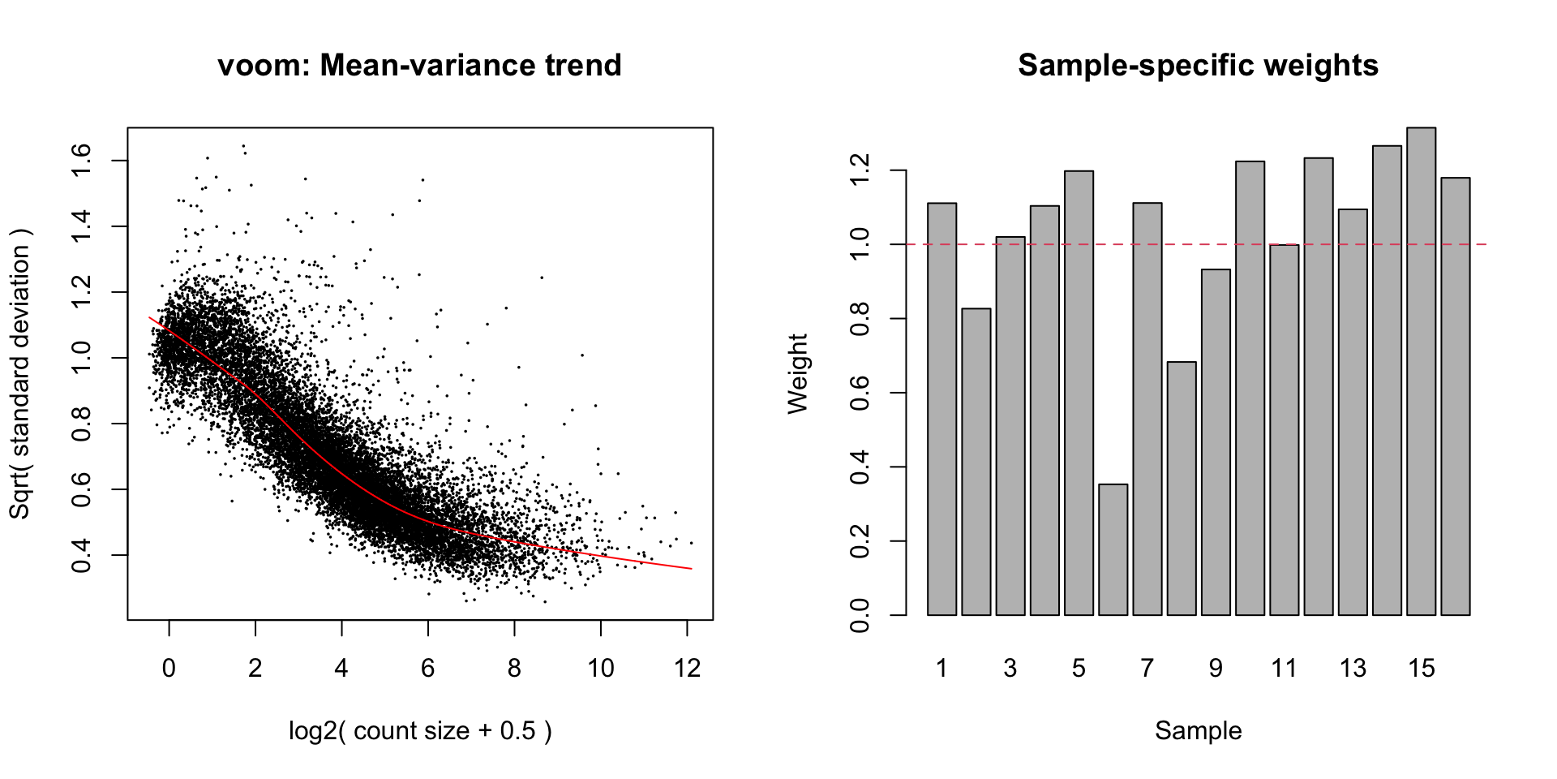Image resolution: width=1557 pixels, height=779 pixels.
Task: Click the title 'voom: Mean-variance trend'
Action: [x=419, y=66]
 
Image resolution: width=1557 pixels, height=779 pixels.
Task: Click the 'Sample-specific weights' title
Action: [x=1198, y=66]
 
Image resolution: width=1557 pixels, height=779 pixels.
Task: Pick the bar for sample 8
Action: [x=1182, y=488]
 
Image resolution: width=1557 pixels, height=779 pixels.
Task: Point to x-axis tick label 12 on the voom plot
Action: [x=687, y=669]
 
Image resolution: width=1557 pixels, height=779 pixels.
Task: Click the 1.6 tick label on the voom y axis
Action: [x=82, y=161]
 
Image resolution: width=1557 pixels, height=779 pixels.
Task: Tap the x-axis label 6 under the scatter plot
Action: [x=427, y=669]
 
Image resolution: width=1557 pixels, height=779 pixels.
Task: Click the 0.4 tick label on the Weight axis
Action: [x=859, y=467]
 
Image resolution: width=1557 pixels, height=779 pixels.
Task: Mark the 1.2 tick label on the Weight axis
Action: [x=859, y=171]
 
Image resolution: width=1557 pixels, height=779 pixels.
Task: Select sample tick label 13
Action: [x=1353, y=669]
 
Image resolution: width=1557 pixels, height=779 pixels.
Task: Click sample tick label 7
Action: [x=1147, y=669]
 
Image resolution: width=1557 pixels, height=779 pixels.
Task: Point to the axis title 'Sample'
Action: [x=1198, y=730]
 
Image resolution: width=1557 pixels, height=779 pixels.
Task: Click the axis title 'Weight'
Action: [x=798, y=373]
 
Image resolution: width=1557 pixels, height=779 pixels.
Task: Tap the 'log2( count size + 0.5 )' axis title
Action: [x=420, y=730]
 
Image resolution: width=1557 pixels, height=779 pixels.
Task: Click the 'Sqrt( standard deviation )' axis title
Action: [x=19, y=373]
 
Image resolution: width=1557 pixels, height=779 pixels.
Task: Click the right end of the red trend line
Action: [x=691, y=568]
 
